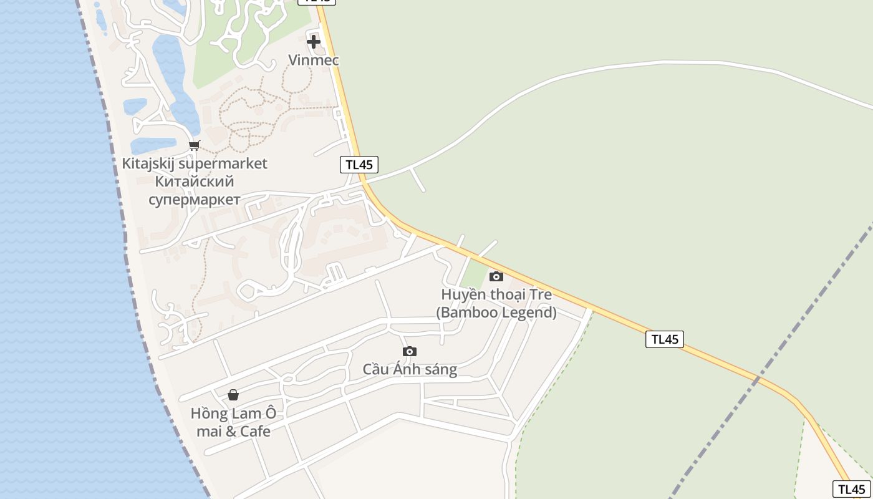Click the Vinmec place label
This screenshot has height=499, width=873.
tap(314, 60)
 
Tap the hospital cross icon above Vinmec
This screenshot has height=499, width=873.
tap(314, 42)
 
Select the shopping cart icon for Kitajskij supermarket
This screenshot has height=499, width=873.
tap(194, 146)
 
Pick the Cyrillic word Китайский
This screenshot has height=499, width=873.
tap(194, 182)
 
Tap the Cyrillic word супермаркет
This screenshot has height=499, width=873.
tap(194, 200)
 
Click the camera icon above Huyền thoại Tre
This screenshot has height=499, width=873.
tap(496, 276)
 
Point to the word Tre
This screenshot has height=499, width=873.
tap(541, 294)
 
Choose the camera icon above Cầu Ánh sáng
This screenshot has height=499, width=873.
tap(410, 351)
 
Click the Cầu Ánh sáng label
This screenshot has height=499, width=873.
tap(410, 369)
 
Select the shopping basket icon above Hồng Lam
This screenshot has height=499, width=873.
tap(233, 395)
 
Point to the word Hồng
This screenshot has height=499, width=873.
tap(208, 413)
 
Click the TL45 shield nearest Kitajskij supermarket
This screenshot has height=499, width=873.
tap(359, 165)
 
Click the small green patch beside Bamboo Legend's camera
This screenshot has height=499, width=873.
tap(475, 274)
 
